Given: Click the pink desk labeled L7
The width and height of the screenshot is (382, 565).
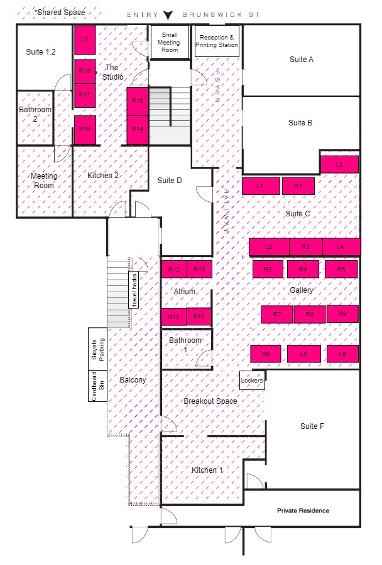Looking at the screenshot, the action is click(x=85, y=40).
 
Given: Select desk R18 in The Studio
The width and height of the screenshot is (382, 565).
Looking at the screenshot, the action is click(x=85, y=71).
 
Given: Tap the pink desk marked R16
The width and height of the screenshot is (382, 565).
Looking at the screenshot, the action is click(x=85, y=130).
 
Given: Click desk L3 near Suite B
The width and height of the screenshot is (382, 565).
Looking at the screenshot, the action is click(x=339, y=165).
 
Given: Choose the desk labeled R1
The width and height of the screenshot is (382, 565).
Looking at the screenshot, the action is click(x=298, y=186).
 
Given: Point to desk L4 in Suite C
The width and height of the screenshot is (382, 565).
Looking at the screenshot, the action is click(x=341, y=247).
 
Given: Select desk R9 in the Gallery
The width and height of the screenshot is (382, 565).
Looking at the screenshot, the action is click(x=342, y=314).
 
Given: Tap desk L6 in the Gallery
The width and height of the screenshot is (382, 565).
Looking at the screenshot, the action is click(x=342, y=354).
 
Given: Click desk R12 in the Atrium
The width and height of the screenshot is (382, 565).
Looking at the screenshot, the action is click(x=174, y=269).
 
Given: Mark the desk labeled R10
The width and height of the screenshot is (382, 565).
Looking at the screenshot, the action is click(x=199, y=317).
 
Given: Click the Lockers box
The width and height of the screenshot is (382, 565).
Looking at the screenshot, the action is click(x=252, y=381).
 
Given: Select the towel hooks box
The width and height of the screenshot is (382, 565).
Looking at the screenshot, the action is click(x=134, y=290).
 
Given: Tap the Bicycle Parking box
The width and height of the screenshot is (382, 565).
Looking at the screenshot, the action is click(x=98, y=349).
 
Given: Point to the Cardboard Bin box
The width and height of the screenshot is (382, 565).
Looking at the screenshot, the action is click(x=98, y=386).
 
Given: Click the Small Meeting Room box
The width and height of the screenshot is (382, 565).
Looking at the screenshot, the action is click(x=170, y=42).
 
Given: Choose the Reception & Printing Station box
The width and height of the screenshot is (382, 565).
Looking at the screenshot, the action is click(x=217, y=41).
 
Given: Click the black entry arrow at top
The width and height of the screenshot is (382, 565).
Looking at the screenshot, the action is click(x=168, y=15).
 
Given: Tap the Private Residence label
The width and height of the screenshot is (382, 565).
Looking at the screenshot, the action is click(x=303, y=510).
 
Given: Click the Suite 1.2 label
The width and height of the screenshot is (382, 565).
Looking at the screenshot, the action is click(x=41, y=52).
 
